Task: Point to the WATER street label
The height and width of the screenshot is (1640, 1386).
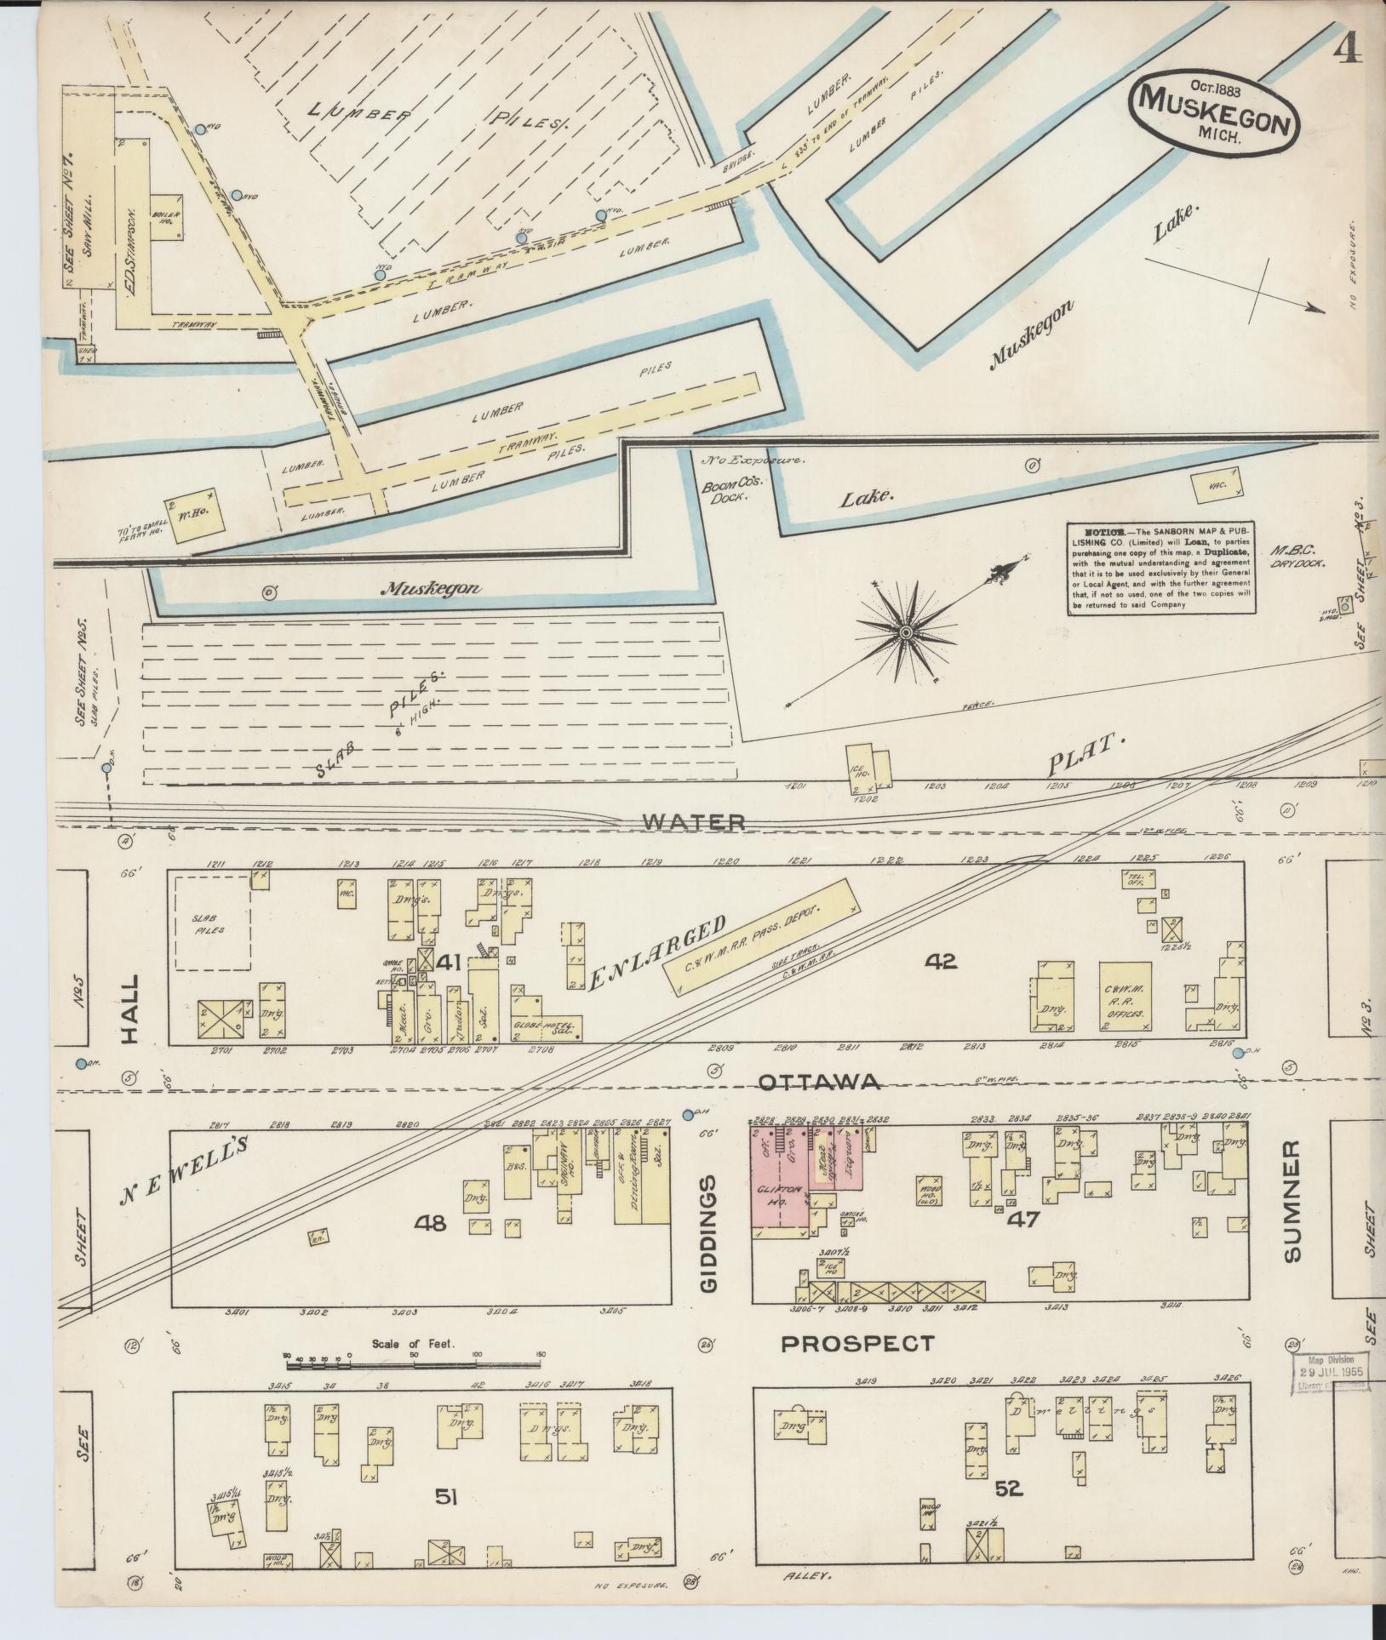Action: pyautogui.click(x=694, y=822)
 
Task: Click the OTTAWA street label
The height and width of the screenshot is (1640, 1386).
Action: pyautogui.click(x=818, y=1082)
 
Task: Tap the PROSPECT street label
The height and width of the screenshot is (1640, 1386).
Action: pyautogui.click(x=857, y=1344)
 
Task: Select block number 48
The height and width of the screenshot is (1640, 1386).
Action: pyautogui.click(x=430, y=1224)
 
